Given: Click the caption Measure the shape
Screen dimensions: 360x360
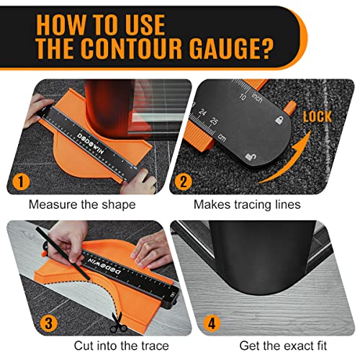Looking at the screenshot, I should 82,204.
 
